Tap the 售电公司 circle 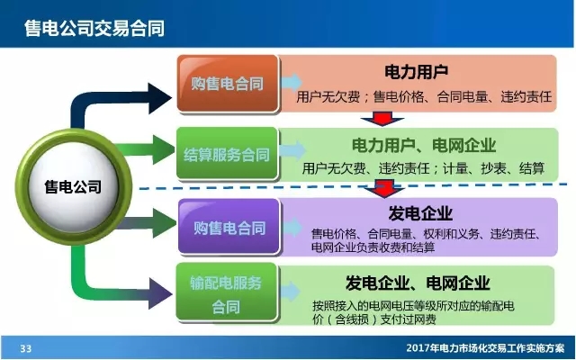pos(73,188)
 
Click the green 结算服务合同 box pos(226,154)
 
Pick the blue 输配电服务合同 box pos(226,294)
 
